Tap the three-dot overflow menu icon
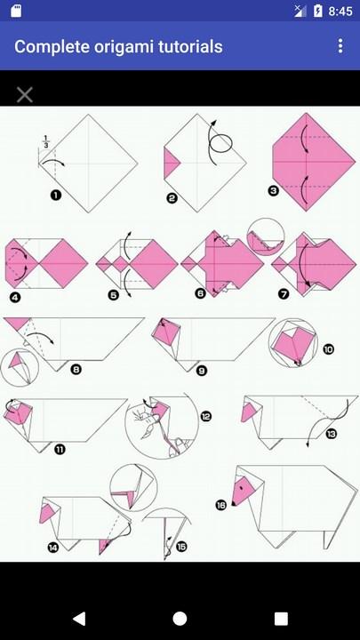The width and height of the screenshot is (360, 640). tap(340, 46)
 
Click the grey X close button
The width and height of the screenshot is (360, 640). tap(25, 95)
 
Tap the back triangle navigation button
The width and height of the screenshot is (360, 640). tap(79, 619)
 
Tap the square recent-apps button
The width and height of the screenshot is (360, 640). tap(281, 619)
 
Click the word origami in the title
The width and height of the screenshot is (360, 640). tap(121, 46)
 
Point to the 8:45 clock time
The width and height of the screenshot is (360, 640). tap(340, 12)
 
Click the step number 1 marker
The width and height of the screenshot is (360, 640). tap(56, 195)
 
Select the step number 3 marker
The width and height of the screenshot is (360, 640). tap(273, 190)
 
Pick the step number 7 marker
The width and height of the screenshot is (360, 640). tap(284, 293)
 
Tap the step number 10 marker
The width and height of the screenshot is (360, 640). tap(328, 349)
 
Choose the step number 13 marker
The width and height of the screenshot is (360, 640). tap(331, 434)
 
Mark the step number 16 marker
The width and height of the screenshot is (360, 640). tap(220, 505)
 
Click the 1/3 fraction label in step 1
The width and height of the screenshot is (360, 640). tap(45, 140)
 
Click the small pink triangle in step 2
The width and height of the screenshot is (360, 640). tap(171, 164)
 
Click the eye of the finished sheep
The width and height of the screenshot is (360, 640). tap(241, 487)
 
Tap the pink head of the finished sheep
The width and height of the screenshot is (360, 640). tap(244, 490)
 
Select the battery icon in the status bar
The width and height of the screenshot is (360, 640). tap(318, 11)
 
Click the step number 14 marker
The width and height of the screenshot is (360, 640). tap(53, 547)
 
